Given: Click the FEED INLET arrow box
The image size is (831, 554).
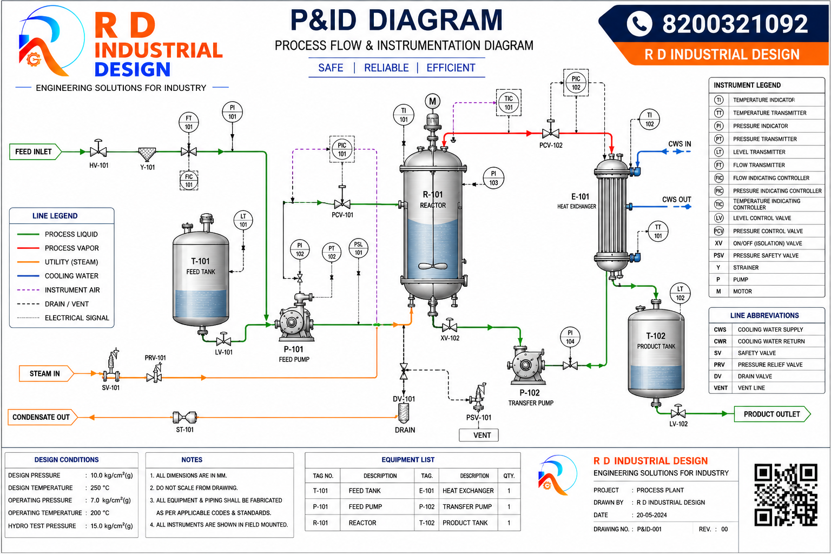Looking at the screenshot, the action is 35,152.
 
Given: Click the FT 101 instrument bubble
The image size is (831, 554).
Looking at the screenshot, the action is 189,122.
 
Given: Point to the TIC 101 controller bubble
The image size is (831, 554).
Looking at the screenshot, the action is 509,103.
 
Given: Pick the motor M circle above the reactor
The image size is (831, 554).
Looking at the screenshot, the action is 433,101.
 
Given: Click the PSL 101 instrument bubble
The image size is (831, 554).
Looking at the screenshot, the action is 358,248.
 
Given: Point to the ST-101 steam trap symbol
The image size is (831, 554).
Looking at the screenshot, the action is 184,418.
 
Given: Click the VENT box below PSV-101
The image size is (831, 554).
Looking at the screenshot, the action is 479,435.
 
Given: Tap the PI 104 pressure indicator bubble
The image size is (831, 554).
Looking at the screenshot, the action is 570,337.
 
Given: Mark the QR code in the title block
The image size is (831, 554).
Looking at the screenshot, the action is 786,494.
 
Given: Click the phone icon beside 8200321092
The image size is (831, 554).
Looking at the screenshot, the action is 639,24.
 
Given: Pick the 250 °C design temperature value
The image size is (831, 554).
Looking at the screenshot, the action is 100,487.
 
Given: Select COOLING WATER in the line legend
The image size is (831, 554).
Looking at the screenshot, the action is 71,276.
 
